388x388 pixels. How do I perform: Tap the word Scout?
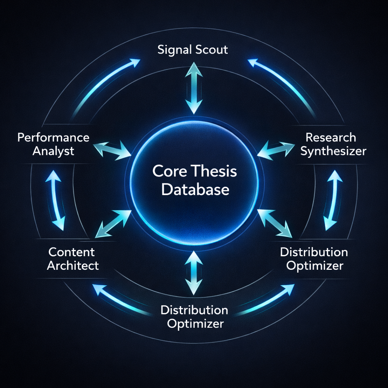(211, 49)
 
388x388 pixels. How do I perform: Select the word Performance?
(53, 137)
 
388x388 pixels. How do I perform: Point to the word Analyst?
(53, 151)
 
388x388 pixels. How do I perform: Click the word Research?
(331, 137)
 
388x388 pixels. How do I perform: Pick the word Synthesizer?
(333, 151)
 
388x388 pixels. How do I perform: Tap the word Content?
(72, 252)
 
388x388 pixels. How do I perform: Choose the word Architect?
(73, 265)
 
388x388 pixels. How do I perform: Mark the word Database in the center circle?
(195, 189)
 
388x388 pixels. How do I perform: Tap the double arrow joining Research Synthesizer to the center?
(276, 149)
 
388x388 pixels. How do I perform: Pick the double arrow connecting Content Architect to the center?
(113, 224)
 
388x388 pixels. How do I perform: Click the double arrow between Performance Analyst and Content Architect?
(55, 200)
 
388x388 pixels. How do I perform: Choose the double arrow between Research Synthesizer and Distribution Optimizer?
(333, 200)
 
